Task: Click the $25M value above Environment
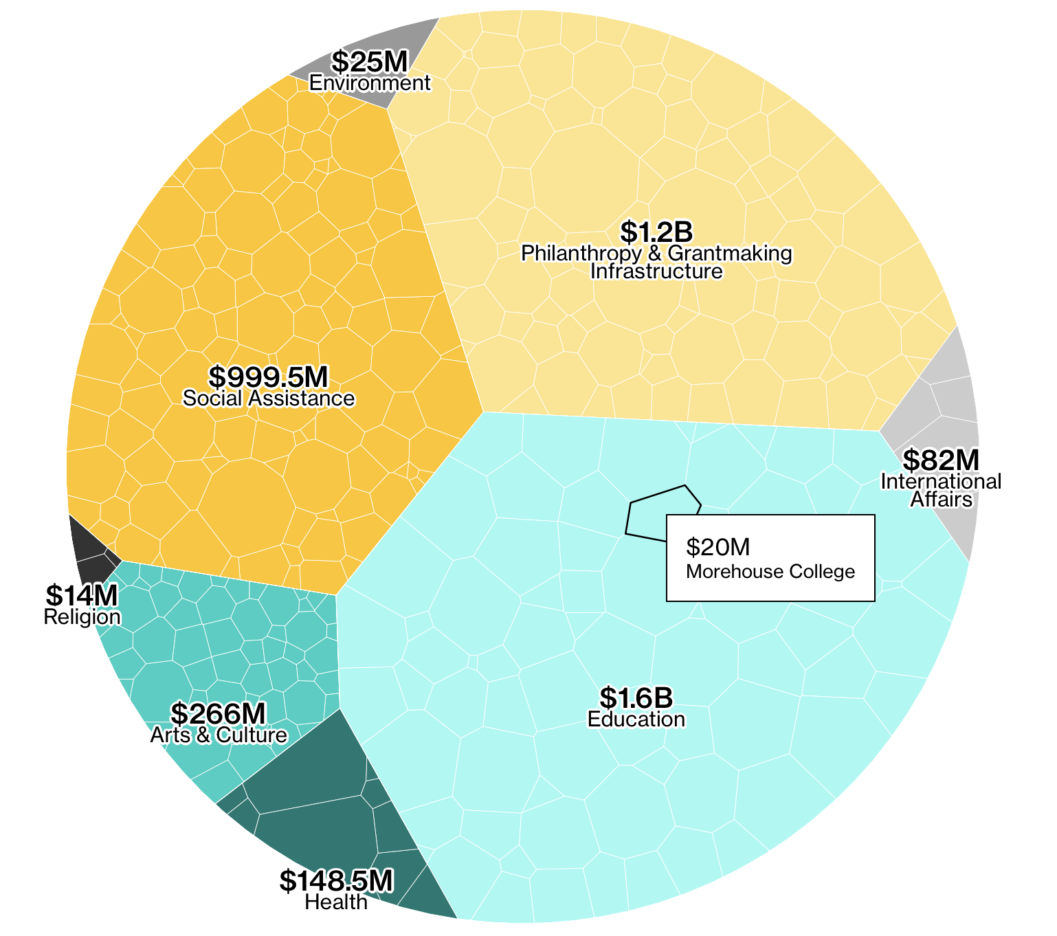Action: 370,62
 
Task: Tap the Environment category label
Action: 370,83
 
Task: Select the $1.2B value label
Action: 656,232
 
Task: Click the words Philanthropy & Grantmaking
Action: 656,254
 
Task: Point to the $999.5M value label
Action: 269,377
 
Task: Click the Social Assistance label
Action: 269,398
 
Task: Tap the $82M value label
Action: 940,460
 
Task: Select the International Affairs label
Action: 941,490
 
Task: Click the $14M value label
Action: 82,595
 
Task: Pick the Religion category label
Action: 82,616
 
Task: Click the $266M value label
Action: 218,713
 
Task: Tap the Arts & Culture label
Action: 218,735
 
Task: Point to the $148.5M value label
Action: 336,880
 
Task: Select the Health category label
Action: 336,902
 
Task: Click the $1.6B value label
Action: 636,698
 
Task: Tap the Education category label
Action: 636,719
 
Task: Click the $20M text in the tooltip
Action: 717,547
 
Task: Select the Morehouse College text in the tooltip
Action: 770,571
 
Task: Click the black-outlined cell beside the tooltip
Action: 653,512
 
